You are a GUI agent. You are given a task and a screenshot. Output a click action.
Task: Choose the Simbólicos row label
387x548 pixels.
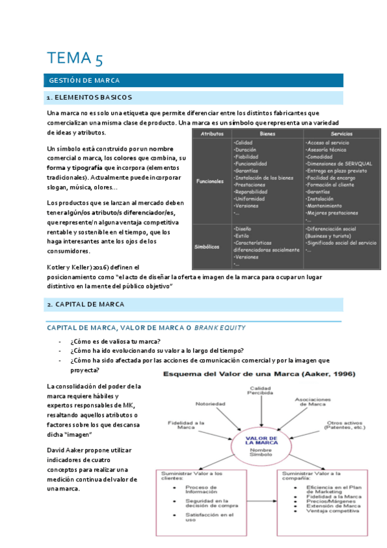211,246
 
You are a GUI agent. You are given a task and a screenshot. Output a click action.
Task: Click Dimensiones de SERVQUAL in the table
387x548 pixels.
337,163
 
